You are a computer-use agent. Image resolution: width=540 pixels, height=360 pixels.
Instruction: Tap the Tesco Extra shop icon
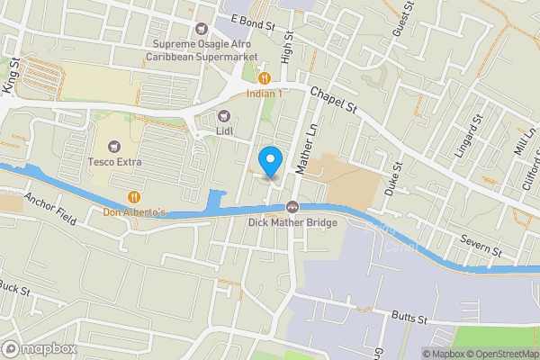[114, 145]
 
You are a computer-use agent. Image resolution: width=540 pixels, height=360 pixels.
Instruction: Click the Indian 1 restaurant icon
[264, 77]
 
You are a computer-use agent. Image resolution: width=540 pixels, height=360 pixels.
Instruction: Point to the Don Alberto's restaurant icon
[134, 196]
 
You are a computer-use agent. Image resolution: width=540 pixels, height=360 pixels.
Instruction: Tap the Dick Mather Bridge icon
[293, 207]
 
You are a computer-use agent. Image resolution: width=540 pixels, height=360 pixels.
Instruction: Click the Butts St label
[414, 316]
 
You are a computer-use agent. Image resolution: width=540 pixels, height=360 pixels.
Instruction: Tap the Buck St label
[14, 289]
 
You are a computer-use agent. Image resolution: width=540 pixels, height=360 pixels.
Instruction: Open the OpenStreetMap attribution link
[503, 353]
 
